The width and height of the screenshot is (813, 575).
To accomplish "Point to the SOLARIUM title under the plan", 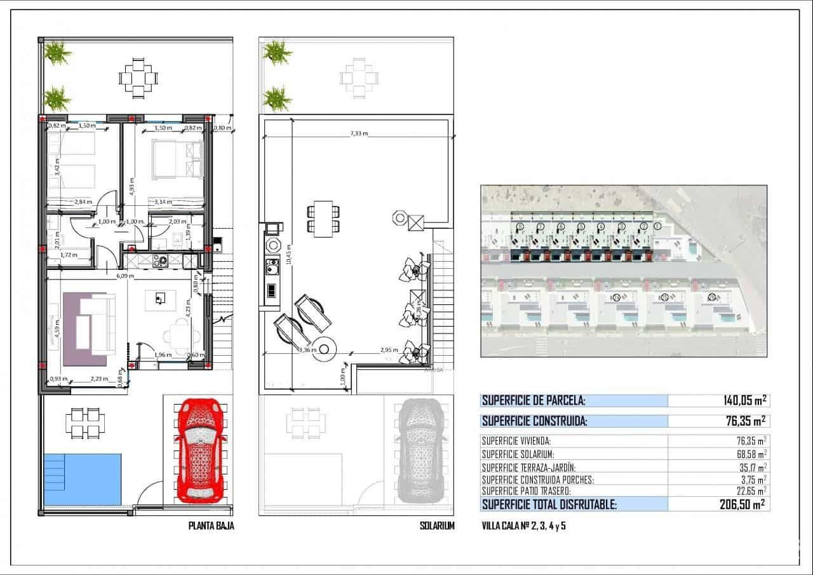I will pyautogui.click(x=437, y=526).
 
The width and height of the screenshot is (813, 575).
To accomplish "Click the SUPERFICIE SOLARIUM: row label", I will pyautogui.click(x=518, y=454).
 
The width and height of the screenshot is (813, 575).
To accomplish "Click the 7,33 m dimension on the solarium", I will pyautogui.click(x=359, y=134).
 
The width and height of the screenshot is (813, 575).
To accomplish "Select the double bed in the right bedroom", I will pyautogui.click(x=177, y=159).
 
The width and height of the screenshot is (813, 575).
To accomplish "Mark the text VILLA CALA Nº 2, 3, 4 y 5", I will pyautogui.click(x=524, y=526).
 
